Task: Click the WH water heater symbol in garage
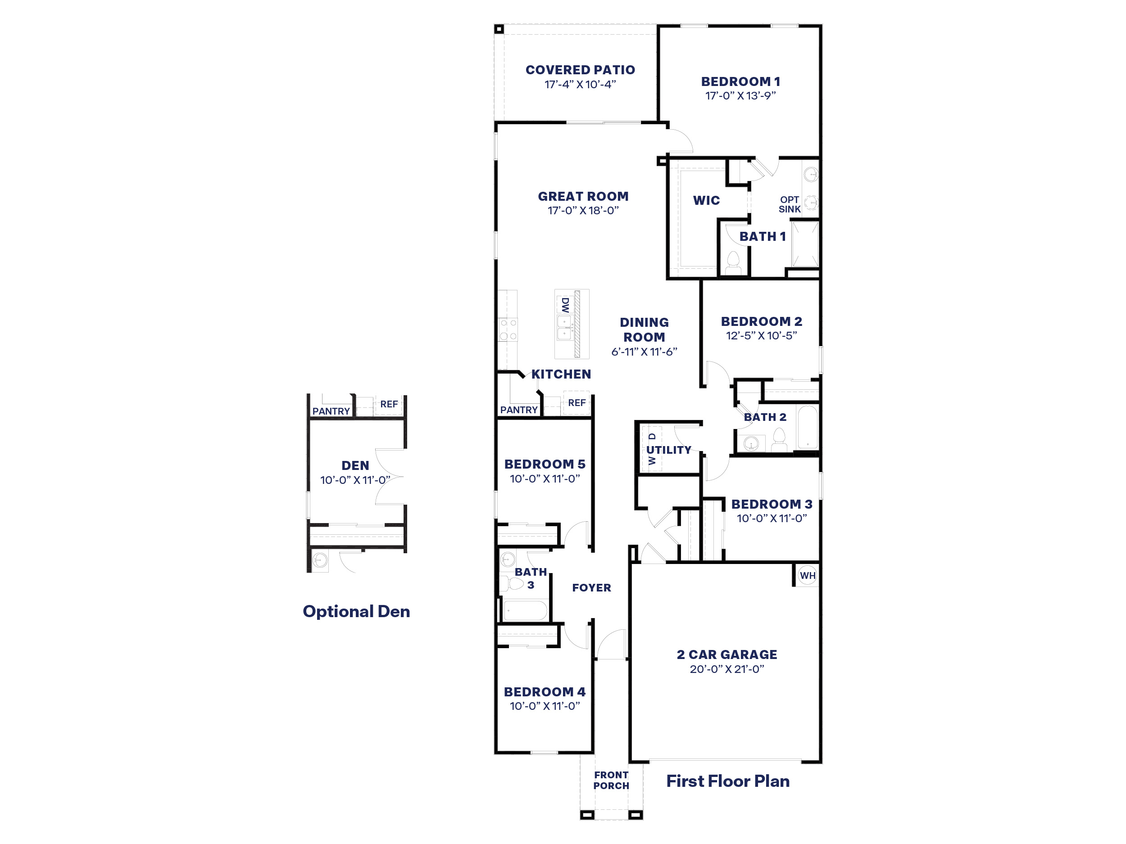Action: [807, 575]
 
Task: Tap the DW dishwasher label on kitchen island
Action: [564, 305]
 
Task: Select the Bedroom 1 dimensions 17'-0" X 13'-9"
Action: [740, 95]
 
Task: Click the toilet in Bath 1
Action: [733, 262]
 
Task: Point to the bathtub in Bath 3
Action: [525, 610]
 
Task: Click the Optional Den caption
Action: [356, 611]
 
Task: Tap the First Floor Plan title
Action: [728, 781]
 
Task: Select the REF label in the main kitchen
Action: [577, 403]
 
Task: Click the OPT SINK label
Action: [790, 204]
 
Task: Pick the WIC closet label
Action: [707, 200]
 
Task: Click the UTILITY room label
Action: [669, 450]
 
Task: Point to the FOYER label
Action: [591, 587]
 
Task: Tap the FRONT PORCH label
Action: [611, 781]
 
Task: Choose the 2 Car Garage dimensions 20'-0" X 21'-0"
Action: [727, 669]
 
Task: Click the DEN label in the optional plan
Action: [355, 465]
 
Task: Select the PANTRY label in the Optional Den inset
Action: [331, 411]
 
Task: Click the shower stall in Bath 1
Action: [805, 244]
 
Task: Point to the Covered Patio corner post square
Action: [499, 29]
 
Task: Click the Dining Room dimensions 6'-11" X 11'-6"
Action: [644, 352]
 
